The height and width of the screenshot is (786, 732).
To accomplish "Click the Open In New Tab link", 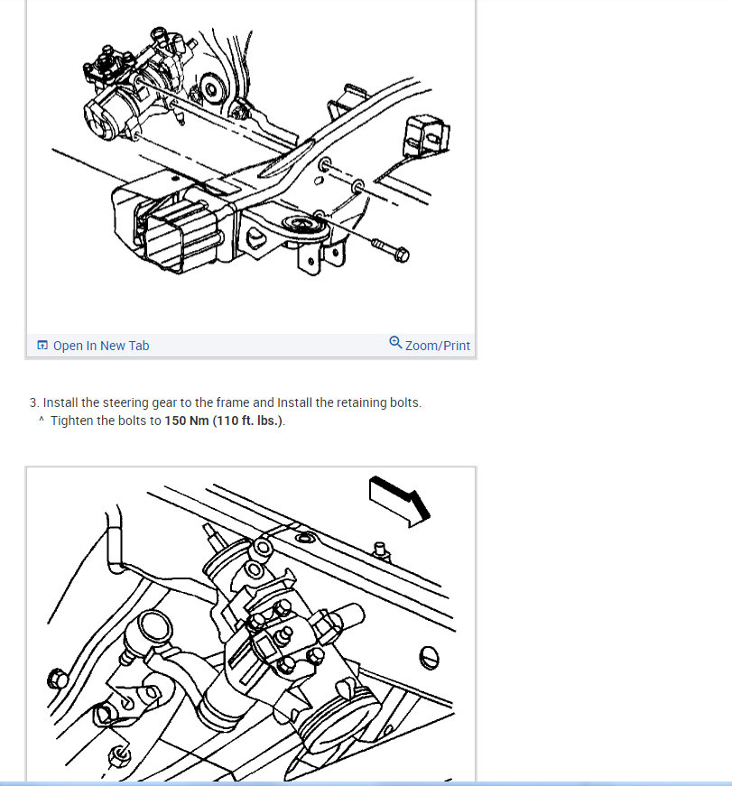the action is click(x=101, y=346).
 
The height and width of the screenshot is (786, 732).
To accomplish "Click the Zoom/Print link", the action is click(x=437, y=346).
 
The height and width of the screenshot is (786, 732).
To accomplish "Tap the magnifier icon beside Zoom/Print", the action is click(x=395, y=342).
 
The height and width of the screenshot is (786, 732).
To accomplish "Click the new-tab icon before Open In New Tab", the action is click(x=42, y=345).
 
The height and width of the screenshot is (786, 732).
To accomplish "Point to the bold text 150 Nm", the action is click(x=187, y=421).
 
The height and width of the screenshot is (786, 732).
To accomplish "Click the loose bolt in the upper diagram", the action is click(x=390, y=250).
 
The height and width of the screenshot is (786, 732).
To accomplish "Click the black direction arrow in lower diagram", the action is click(x=400, y=501).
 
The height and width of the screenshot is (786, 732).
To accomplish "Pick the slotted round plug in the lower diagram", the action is click(x=429, y=658).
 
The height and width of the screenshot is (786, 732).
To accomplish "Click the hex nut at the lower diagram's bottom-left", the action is click(x=120, y=754).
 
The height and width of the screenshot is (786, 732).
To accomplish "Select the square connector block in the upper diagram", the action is click(x=426, y=135).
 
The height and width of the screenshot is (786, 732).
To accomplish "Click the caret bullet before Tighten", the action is click(x=42, y=419).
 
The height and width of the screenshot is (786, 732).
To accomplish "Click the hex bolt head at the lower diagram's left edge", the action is click(x=58, y=679).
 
